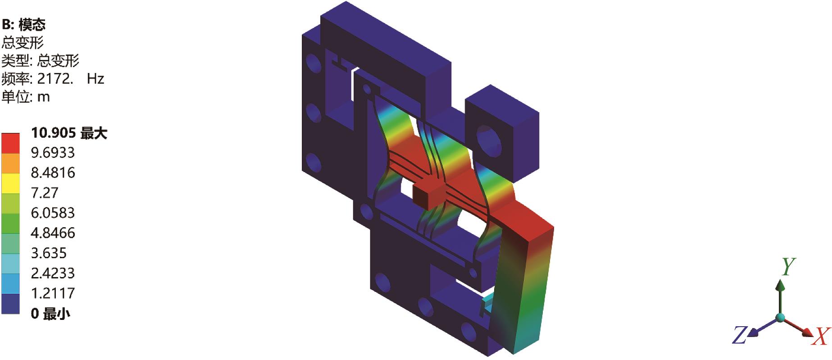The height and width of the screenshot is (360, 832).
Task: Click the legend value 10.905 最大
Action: pos(69,133)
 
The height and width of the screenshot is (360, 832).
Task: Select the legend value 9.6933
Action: pos(53,153)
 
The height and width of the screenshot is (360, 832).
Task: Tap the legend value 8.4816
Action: pos(53,173)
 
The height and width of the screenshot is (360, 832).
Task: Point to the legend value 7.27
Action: pos(45,193)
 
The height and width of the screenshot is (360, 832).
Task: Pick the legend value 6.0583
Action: pos(53,213)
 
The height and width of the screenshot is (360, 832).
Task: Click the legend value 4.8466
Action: pos(53,233)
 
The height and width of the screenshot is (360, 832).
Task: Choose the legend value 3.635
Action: pos(49,253)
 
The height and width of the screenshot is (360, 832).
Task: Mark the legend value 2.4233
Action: pos(53,273)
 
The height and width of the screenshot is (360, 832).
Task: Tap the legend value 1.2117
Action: pos(53,293)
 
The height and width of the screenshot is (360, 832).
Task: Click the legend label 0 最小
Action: pos(50,313)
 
